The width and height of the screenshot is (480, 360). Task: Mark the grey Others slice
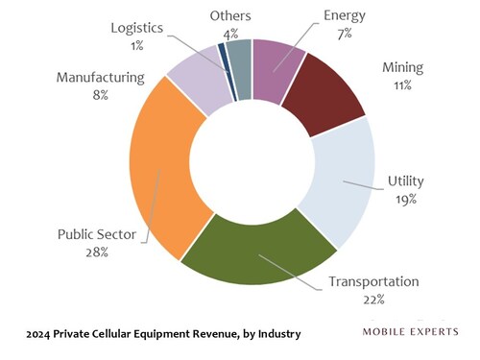coord(239,58)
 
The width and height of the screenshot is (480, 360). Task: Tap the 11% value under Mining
coord(401,85)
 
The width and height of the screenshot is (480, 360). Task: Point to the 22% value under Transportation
coord(373,299)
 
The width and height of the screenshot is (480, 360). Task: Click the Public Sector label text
coord(95,234)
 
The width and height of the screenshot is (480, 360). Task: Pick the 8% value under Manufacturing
coord(99,94)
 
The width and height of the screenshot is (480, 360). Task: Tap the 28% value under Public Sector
coord(95,252)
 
